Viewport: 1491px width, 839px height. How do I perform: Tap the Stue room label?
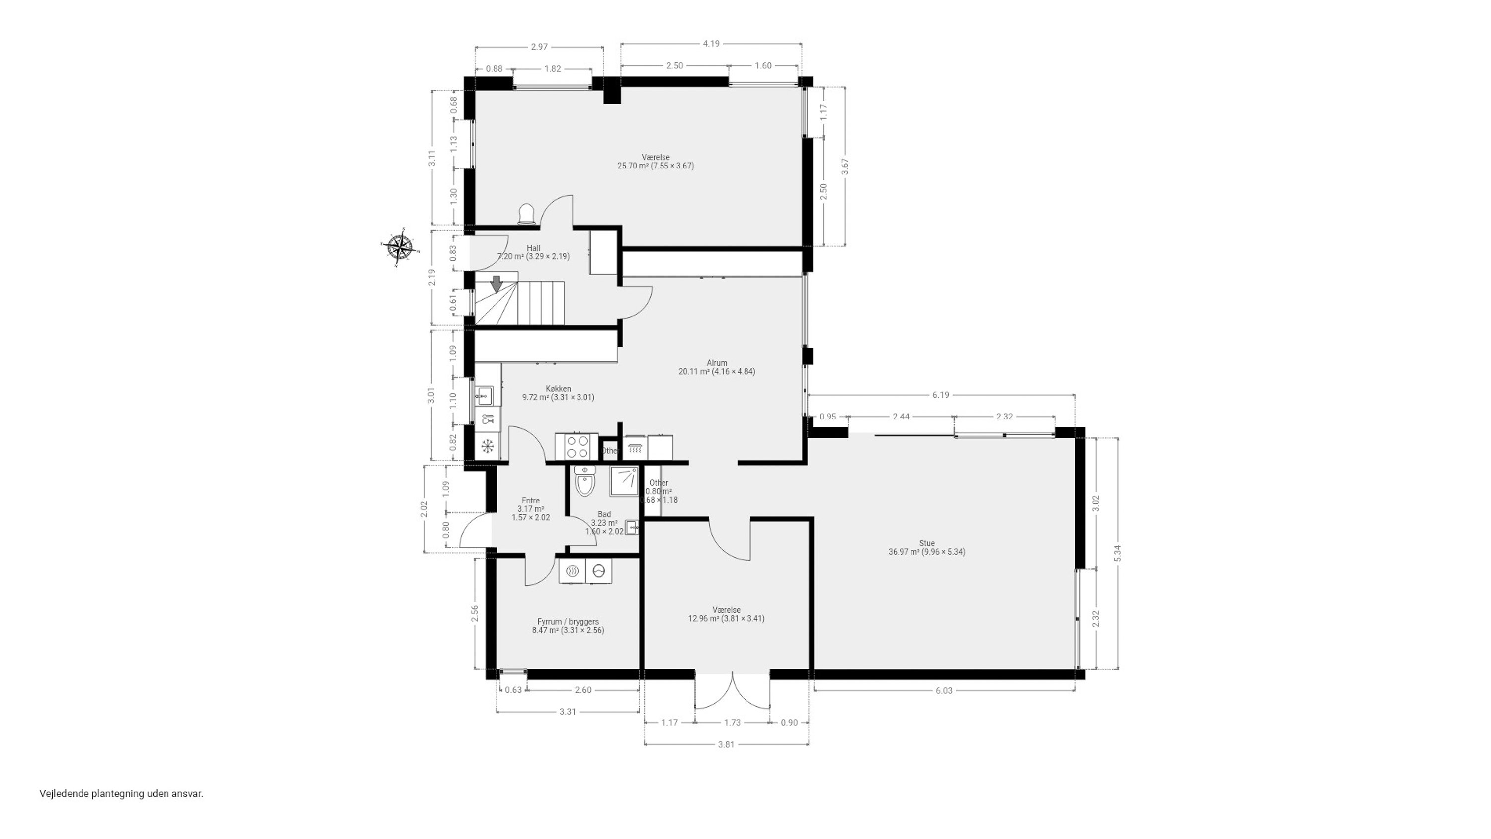pos(927,543)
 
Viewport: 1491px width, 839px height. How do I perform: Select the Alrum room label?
pos(717,363)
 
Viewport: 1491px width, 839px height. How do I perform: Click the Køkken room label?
pos(558,389)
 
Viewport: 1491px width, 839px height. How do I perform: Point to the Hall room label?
pos(533,248)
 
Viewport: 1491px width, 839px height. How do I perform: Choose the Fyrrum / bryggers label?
pos(568,622)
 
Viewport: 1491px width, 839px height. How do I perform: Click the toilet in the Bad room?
pos(584,482)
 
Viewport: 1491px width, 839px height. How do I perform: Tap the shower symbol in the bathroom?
pos(623,481)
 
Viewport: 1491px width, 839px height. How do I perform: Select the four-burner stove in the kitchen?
pos(577,447)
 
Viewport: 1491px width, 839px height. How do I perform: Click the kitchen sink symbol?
pos(484,397)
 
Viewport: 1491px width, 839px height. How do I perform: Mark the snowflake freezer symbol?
pos(488,446)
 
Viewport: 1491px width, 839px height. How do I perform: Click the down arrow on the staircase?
pos(496,284)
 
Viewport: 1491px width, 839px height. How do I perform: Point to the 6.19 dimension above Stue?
pos(940,395)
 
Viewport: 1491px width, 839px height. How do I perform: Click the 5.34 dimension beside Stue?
pos(1118,553)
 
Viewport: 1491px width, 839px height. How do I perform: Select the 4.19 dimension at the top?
pos(711,43)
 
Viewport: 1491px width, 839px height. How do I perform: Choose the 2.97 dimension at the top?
pos(539,47)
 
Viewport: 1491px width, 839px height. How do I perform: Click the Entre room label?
pos(530,501)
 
